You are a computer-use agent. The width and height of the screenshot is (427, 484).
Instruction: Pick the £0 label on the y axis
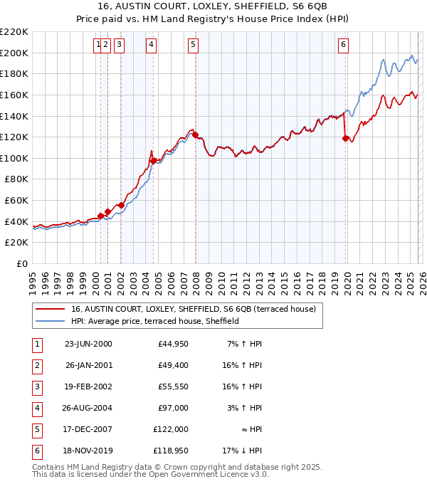click(x=21, y=263)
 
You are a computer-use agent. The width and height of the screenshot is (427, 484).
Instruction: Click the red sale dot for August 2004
click(x=153, y=161)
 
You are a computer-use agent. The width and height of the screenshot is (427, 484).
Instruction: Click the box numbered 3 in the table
click(x=36, y=388)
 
